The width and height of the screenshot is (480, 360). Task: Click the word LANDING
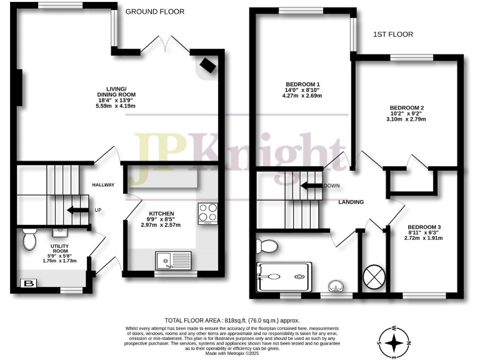[351, 202]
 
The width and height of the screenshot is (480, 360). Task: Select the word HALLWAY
[104, 186]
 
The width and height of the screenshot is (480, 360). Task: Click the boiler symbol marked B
[27, 284]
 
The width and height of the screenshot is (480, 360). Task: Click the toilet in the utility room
[29, 238]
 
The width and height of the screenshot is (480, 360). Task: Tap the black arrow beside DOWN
[310, 185]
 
